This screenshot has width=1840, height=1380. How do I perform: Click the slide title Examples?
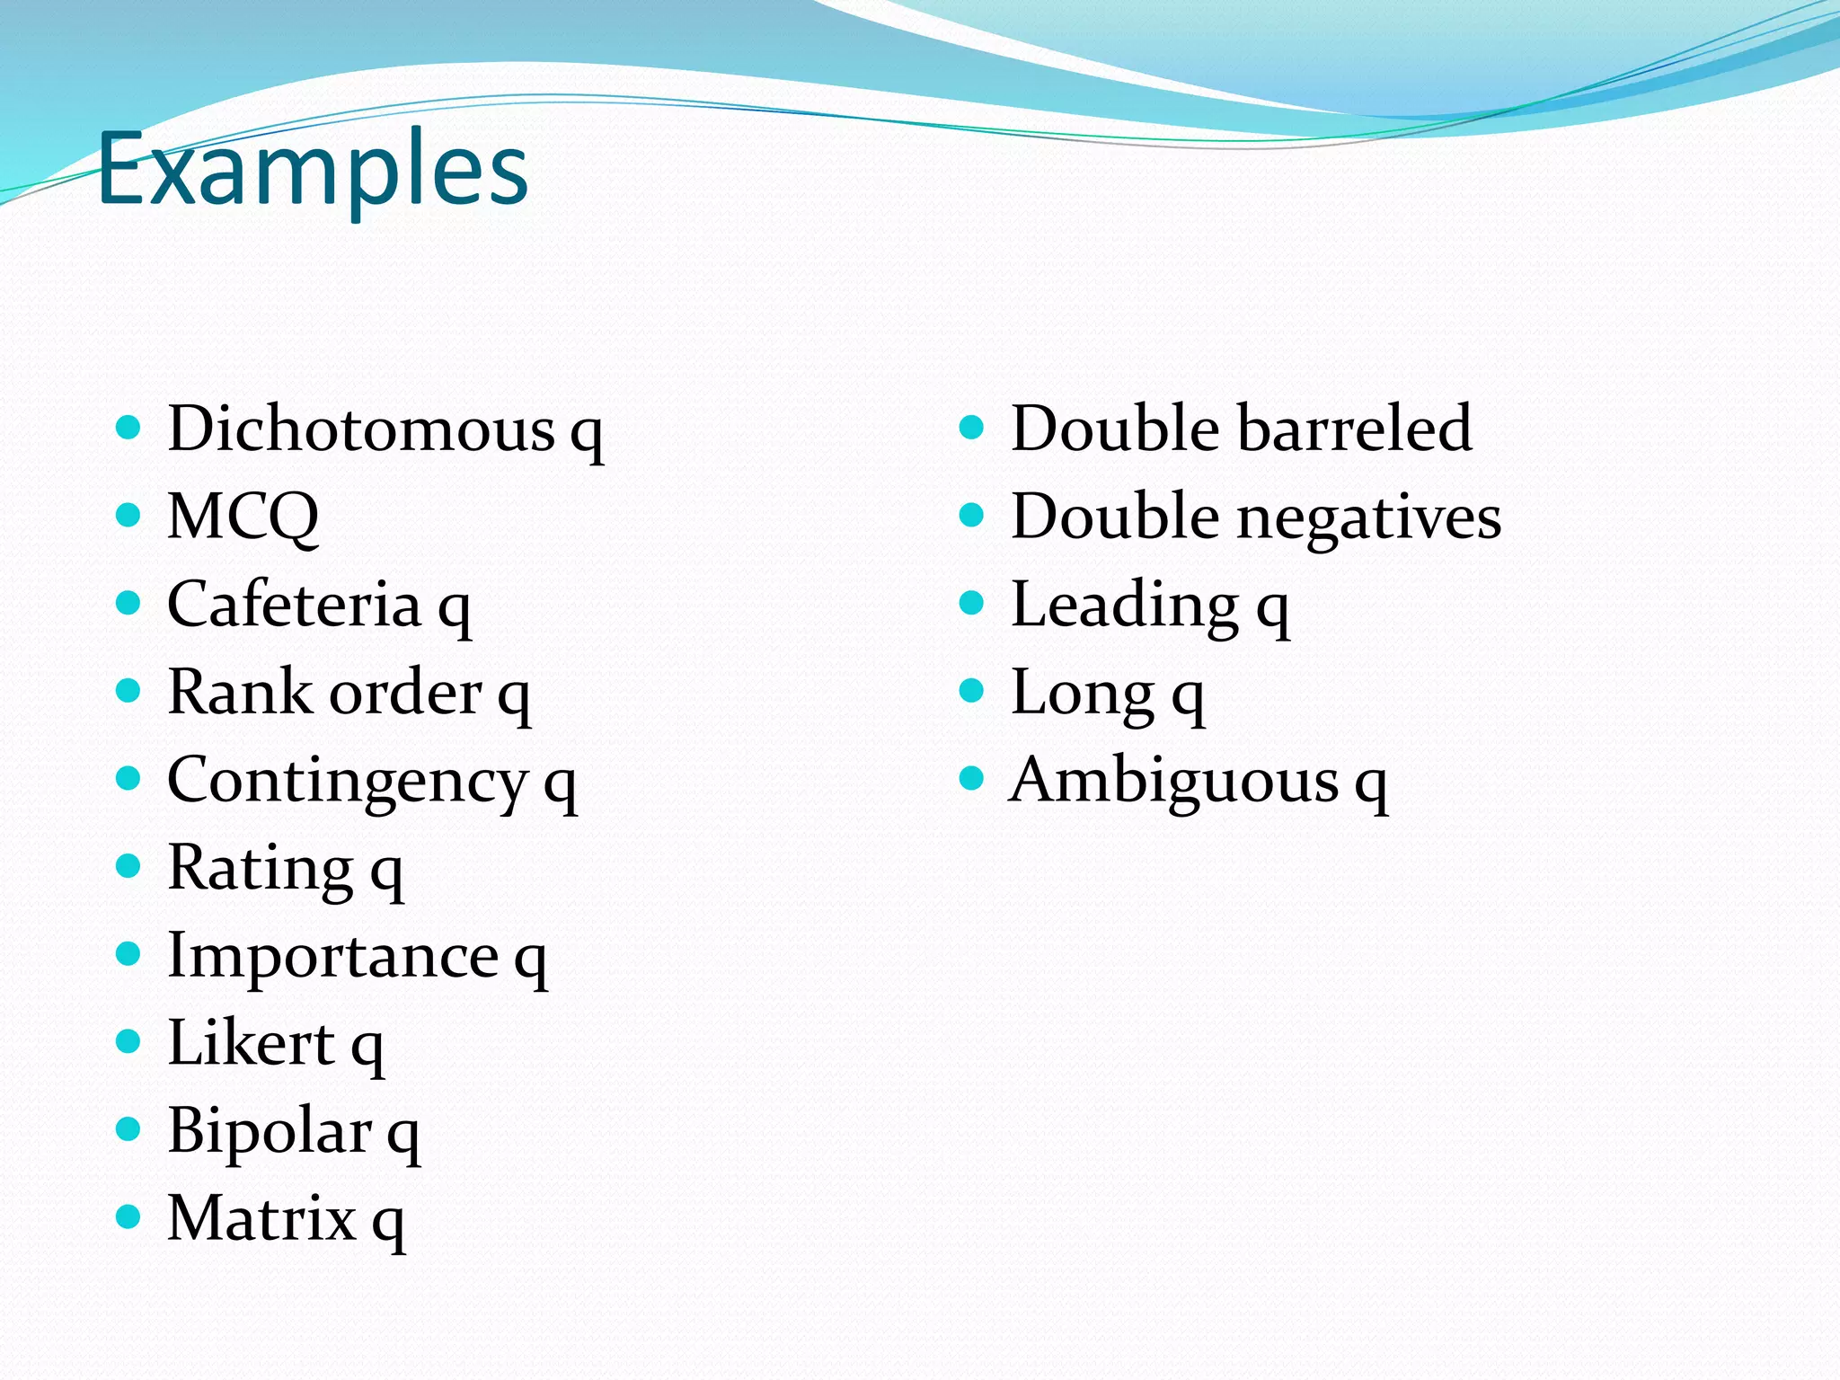[313, 169]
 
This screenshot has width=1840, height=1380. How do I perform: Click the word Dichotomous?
[361, 429]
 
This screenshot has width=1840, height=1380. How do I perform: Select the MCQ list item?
[243, 517]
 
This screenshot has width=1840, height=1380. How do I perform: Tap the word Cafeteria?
[294, 604]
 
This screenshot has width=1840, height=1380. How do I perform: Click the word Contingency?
[347, 781]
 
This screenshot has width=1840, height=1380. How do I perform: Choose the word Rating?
[261, 869]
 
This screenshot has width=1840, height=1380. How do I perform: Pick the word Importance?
[332, 955]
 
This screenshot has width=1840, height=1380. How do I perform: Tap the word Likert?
[251, 1043]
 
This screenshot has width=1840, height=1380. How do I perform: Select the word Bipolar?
[269, 1130]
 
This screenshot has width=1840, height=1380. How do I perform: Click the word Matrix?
[261, 1218]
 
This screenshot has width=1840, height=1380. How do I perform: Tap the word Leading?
[1125, 606]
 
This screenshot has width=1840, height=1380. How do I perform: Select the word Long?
[1082, 694]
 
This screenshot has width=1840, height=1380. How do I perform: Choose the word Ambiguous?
[1174, 780]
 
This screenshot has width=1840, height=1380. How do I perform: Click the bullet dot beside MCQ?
[129, 515]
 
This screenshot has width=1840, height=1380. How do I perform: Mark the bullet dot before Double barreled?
[972, 426]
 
